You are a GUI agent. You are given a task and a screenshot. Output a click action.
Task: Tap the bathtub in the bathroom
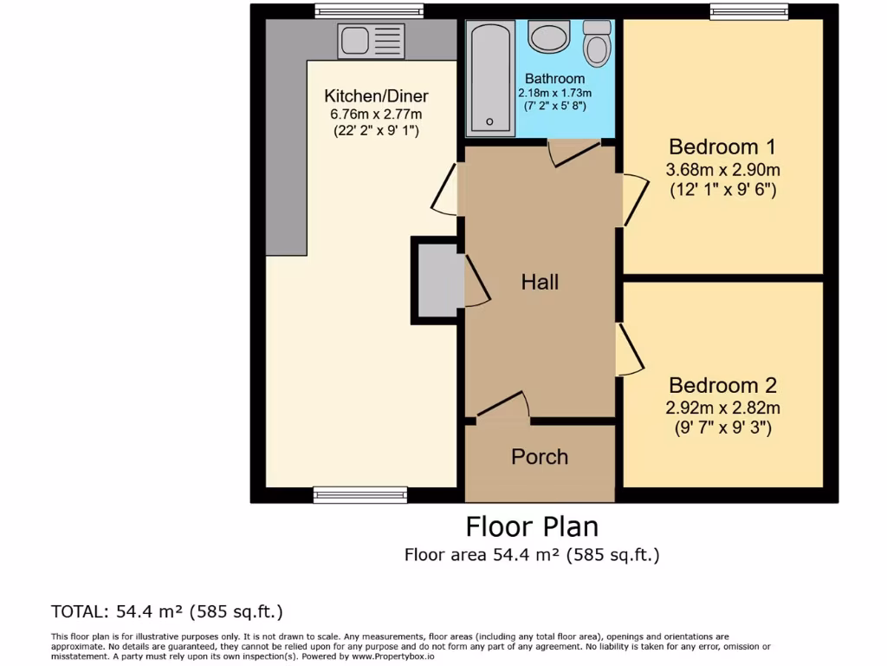pyautogui.click(x=490, y=79)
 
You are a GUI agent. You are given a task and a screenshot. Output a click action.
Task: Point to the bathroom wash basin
pyautogui.click(x=547, y=37)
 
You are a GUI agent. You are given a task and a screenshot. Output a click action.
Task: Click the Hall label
pyautogui.click(x=540, y=282)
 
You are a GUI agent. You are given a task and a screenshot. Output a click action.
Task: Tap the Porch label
pyautogui.click(x=540, y=457)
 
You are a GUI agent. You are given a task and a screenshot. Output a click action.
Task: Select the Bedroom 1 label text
pyautogui.click(x=722, y=147)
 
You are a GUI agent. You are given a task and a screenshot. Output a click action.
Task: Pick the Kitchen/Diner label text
pyautogui.click(x=376, y=96)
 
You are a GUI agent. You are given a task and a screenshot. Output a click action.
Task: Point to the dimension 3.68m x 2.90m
pyautogui.click(x=722, y=170)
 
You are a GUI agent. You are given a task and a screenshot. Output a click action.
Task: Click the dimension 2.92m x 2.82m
pyautogui.click(x=722, y=408)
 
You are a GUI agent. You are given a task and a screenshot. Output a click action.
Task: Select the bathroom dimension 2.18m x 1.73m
pyautogui.click(x=554, y=93)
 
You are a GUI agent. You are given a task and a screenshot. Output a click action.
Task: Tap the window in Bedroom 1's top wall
pyautogui.click(x=748, y=11)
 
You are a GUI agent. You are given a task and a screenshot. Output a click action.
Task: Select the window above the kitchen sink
pyautogui.click(x=369, y=11)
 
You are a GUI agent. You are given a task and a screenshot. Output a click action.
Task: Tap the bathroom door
pyautogui.click(x=574, y=152)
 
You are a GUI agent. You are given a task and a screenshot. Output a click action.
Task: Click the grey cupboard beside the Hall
pyautogui.click(x=437, y=281)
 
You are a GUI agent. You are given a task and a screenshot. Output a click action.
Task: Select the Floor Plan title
pyautogui.click(x=531, y=526)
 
